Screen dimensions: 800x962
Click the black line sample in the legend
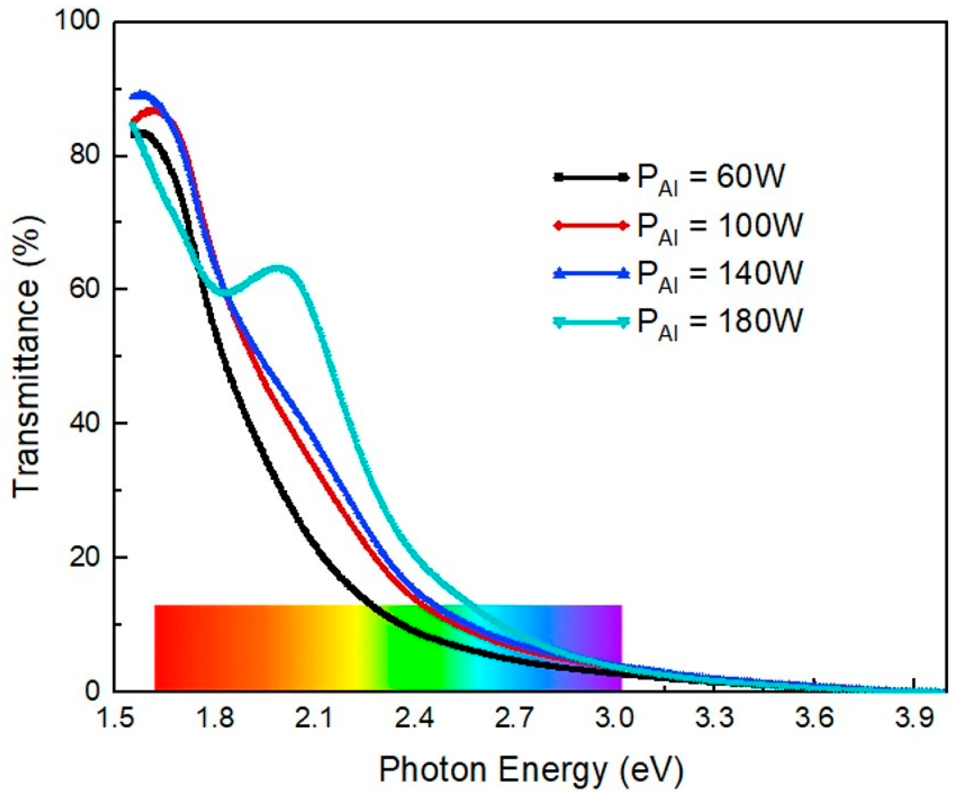click(x=591, y=177)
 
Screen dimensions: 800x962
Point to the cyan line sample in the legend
click(x=591, y=322)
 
